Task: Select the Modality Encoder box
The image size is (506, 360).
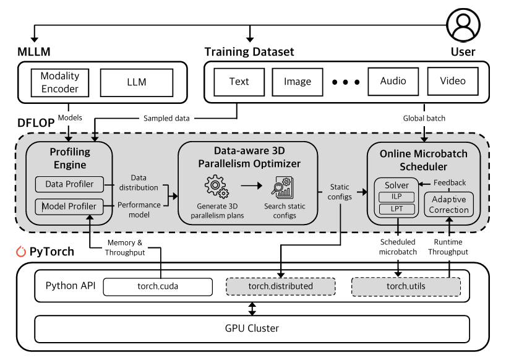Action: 60,82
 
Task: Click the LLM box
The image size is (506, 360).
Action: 136,82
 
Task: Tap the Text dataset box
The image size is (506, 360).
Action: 239,82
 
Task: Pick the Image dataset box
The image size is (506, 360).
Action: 298,82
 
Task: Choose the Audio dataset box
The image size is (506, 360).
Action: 393,81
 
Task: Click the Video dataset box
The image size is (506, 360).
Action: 452,81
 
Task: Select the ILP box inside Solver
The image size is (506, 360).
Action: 397,197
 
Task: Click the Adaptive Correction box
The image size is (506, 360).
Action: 448,205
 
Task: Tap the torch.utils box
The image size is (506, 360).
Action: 406,286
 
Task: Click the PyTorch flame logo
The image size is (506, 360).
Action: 20,252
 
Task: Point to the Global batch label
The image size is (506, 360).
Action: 424,118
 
